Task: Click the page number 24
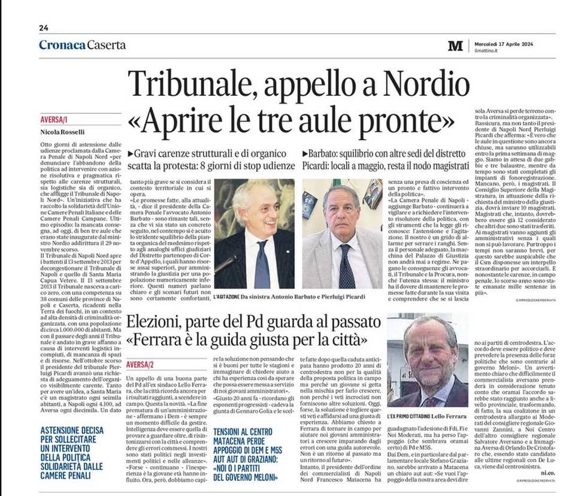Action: pyautogui.click(x=44, y=28)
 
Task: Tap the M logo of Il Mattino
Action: pyautogui.click(x=455, y=46)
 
